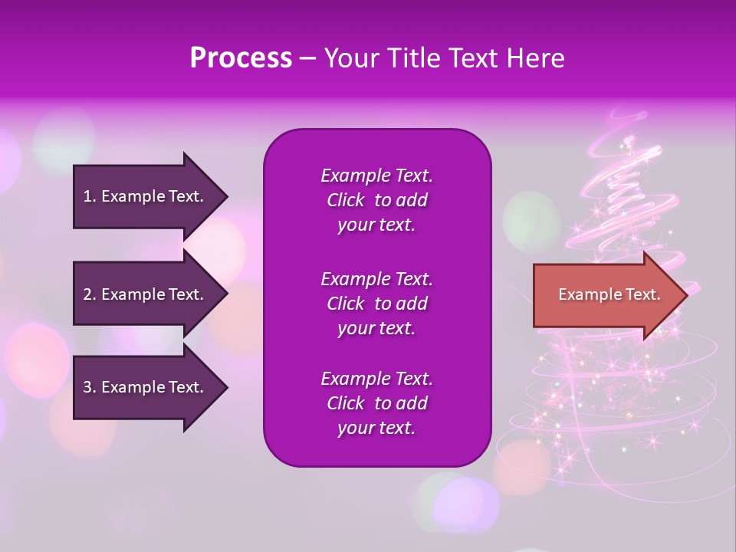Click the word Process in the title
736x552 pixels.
241,58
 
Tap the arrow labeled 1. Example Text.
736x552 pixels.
146,196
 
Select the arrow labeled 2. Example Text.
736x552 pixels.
146,294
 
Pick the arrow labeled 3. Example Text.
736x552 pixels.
146,387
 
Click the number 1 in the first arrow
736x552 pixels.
88,196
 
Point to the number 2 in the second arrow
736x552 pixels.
88,294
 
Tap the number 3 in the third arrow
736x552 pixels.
88,387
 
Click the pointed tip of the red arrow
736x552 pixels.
685,295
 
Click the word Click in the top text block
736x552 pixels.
346,201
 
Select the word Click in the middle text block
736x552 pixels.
346,304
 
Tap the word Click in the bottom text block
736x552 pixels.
346,404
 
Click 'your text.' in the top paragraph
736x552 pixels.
376,225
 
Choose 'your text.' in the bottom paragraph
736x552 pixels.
376,429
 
